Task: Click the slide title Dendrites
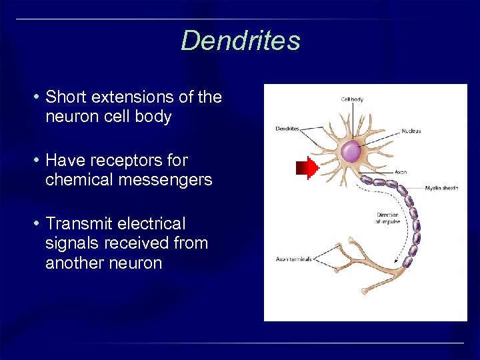[240, 41]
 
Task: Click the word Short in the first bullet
[65, 97]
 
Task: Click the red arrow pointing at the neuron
[307, 169]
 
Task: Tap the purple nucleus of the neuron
[351, 153]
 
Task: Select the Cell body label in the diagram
[352, 100]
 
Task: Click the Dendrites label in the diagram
[287, 129]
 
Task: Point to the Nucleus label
[411, 131]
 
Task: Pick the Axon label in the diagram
[401, 172]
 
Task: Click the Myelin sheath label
[441, 189]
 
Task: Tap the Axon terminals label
[293, 259]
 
